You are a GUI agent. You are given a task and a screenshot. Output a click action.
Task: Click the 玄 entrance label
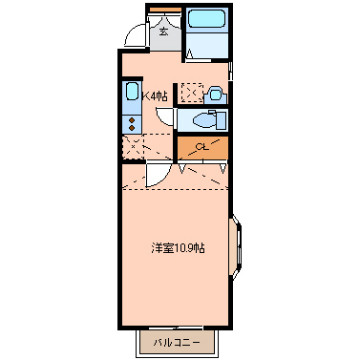pyautogui.click(x=163, y=31)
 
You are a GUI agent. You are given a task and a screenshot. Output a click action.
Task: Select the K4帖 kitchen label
pyautogui.click(x=155, y=95)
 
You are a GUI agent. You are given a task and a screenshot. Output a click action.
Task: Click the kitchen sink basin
pyautogui.click(x=132, y=95)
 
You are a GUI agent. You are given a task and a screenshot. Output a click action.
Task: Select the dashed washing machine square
pyautogui.click(x=192, y=93)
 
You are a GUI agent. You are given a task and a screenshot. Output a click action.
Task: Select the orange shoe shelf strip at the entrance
pyautogui.click(x=162, y=12)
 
